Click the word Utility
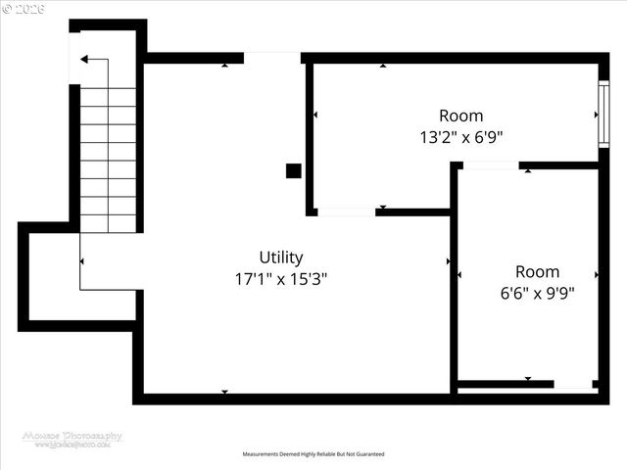coord(280,258)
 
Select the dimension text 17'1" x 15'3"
coord(280,278)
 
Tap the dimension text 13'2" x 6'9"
coord(460,137)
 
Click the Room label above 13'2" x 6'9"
coord(460,116)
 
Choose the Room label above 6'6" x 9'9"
coord(537,271)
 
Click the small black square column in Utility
coord(293,170)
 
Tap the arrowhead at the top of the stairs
coord(85,60)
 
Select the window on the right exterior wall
coord(603,115)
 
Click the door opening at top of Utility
coord(272,58)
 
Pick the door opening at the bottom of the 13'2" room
coord(346,211)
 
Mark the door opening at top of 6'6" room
coord(490,165)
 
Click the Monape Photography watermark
coord(72,439)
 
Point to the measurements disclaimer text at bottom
coord(313,454)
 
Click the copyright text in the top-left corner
coord(22,8)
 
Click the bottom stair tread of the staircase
coord(108,223)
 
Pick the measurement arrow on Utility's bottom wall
coord(224,392)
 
